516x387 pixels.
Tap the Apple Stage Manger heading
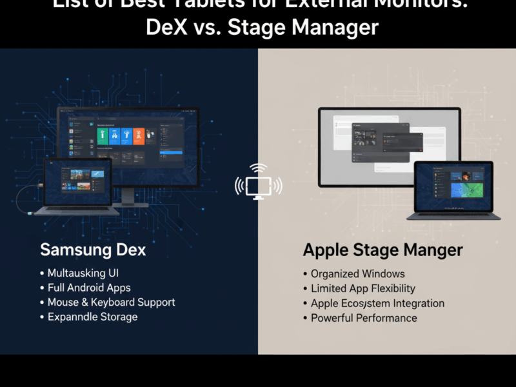(x=382, y=250)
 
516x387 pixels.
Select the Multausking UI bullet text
(x=83, y=273)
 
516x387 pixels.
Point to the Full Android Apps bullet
(x=89, y=288)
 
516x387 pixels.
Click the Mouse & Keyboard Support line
(x=111, y=302)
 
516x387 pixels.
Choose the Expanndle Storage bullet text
(x=92, y=317)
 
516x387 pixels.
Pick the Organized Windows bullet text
(x=358, y=274)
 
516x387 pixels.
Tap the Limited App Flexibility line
(x=363, y=288)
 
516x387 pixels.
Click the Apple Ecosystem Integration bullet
(x=377, y=303)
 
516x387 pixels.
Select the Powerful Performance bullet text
(x=364, y=318)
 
